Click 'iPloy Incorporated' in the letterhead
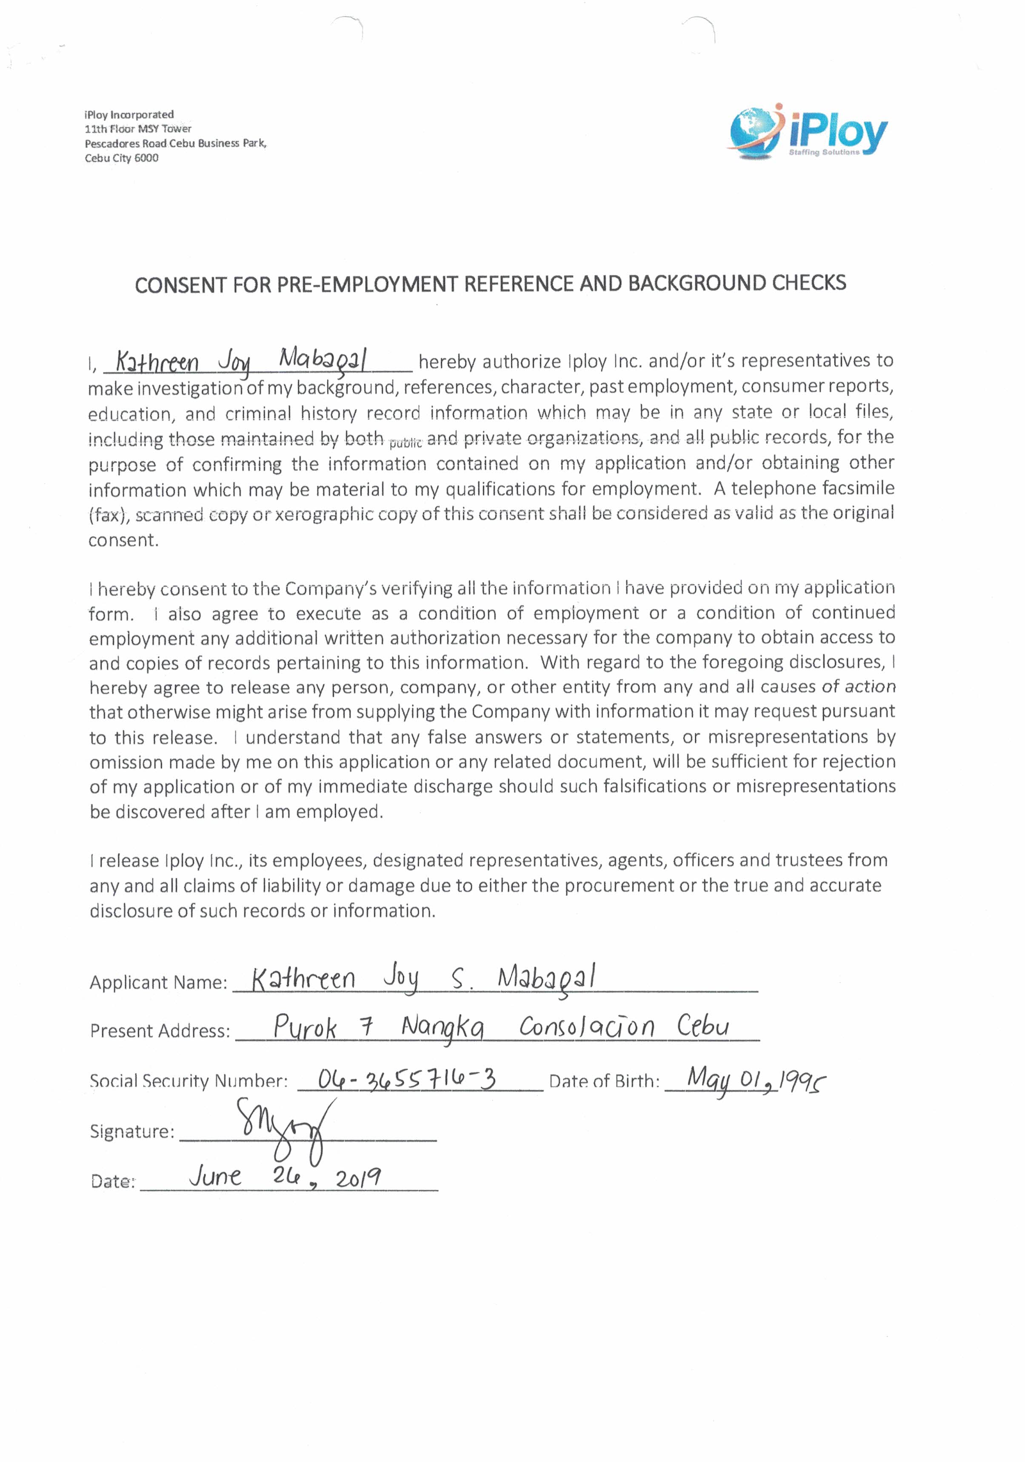[x=128, y=114]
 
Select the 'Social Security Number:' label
[x=188, y=1080]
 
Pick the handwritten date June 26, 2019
[x=285, y=1177]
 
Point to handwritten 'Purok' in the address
[x=305, y=1026]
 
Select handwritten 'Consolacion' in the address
[x=586, y=1026]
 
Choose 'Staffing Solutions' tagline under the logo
[x=824, y=152]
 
